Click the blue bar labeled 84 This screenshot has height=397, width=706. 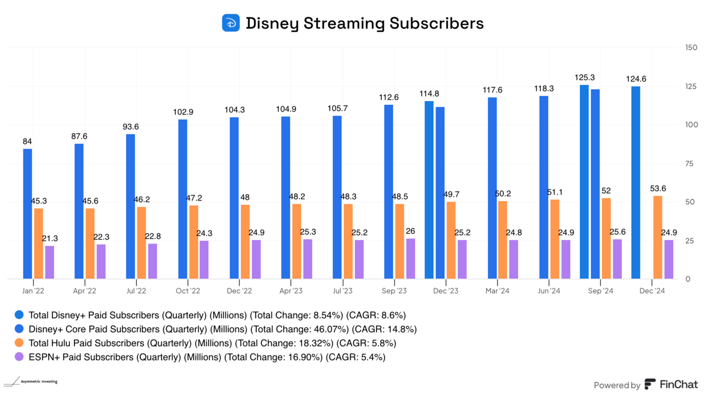pos(27,214)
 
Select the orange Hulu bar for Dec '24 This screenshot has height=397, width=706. pos(657,237)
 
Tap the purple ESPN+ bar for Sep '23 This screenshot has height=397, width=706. pos(410,258)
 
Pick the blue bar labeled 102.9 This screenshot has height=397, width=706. pos(183,199)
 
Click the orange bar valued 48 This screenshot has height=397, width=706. pos(245,241)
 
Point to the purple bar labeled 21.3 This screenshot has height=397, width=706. pos(50,262)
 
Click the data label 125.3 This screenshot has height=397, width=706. pos(584,78)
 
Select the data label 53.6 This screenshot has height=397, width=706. pos(657,189)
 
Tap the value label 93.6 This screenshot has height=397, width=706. pos(131,127)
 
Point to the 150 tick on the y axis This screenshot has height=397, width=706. pos(691,48)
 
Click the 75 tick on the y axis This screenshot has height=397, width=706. pos(689,164)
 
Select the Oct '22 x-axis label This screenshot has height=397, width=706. pos(188,291)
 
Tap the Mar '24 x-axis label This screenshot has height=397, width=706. pos(497,291)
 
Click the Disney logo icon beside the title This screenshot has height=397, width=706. pos(231,23)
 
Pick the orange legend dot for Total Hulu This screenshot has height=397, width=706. pos(19,343)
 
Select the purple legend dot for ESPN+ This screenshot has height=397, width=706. pos(19,357)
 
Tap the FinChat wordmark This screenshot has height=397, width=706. pos(678,384)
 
